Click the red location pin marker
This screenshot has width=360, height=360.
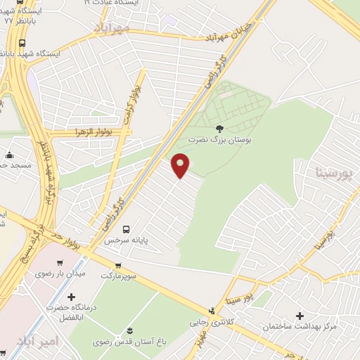tap(181, 165)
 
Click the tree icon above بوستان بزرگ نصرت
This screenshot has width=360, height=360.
tap(220, 128)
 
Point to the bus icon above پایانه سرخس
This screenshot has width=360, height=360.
tap(127, 229)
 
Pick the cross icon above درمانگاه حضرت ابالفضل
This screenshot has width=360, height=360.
tap(71, 297)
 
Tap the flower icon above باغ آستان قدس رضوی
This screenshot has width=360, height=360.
tap(129, 330)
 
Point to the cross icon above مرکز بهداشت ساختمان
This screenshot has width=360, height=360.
tap(300, 316)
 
